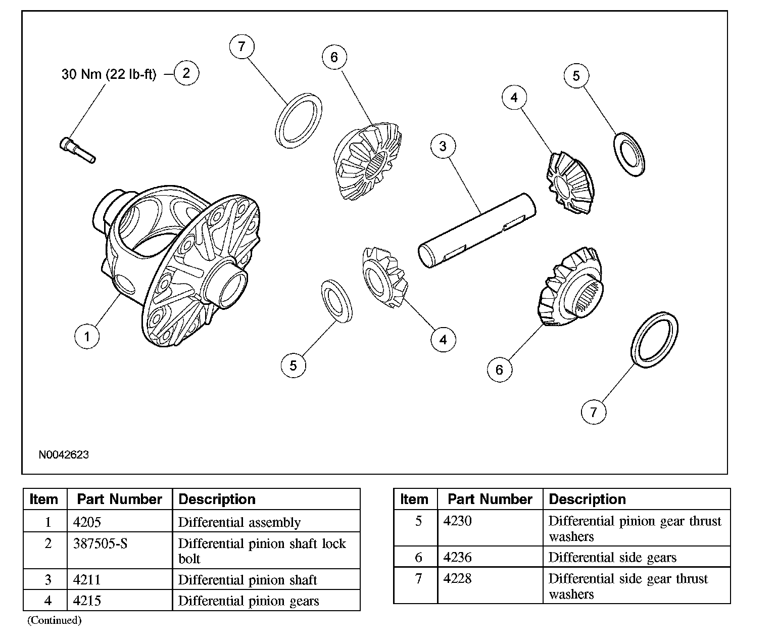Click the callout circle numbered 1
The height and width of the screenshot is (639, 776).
87,336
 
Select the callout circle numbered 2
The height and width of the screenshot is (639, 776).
186,73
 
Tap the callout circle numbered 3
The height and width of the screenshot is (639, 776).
443,147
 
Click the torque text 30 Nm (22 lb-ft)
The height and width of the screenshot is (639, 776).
109,74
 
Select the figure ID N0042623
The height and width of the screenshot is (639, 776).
64,454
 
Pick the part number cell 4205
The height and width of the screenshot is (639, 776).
87,522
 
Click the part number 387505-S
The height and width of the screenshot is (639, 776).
101,543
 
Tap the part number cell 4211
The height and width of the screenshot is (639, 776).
87,579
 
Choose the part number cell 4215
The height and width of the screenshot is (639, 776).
87,601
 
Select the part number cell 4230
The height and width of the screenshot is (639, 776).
457,521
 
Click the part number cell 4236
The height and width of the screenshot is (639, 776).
457,557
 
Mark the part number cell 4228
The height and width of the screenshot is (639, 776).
457,578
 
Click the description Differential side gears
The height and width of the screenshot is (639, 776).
612,557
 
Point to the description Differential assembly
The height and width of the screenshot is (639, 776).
239,522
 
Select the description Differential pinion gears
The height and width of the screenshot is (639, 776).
249,601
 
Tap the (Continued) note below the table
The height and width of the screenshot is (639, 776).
54,620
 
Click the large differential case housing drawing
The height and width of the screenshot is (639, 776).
177,263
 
